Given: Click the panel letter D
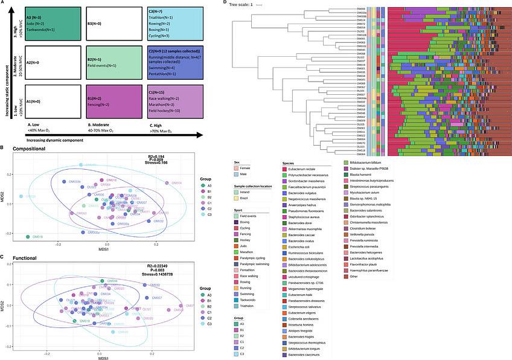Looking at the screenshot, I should point(225,3).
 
